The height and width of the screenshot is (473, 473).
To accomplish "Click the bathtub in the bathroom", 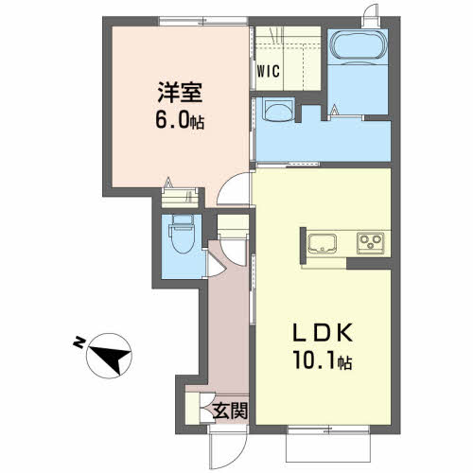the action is tap(358, 46).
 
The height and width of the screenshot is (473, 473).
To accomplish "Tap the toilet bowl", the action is tap(182, 239).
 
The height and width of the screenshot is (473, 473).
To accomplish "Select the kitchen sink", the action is tap(322, 243).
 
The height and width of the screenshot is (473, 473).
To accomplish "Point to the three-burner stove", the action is tap(371, 243).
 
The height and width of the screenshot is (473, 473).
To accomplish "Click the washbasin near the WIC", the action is tap(277, 110).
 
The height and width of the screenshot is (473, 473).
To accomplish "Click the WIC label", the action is tap(269, 71).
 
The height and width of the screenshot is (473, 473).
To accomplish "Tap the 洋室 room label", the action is tap(180, 93).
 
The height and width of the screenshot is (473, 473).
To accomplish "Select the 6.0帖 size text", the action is tap(180, 120).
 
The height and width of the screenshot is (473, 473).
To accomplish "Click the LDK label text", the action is tap(323, 333).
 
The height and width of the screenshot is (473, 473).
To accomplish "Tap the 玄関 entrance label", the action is tap(230, 411).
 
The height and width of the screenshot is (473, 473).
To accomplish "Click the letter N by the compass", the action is tap(79, 342).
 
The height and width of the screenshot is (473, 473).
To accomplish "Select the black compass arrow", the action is tap(112, 358).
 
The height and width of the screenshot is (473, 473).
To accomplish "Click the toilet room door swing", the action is tap(216, 265).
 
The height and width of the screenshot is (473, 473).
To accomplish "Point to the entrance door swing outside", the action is tap(229, 447).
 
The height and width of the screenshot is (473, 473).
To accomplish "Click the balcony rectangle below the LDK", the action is tap(328, 447).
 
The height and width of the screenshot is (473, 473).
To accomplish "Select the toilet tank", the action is tap(182, 219).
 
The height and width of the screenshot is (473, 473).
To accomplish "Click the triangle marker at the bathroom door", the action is tap(335, 110).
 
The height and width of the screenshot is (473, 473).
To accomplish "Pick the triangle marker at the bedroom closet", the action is tap(168, 182).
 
